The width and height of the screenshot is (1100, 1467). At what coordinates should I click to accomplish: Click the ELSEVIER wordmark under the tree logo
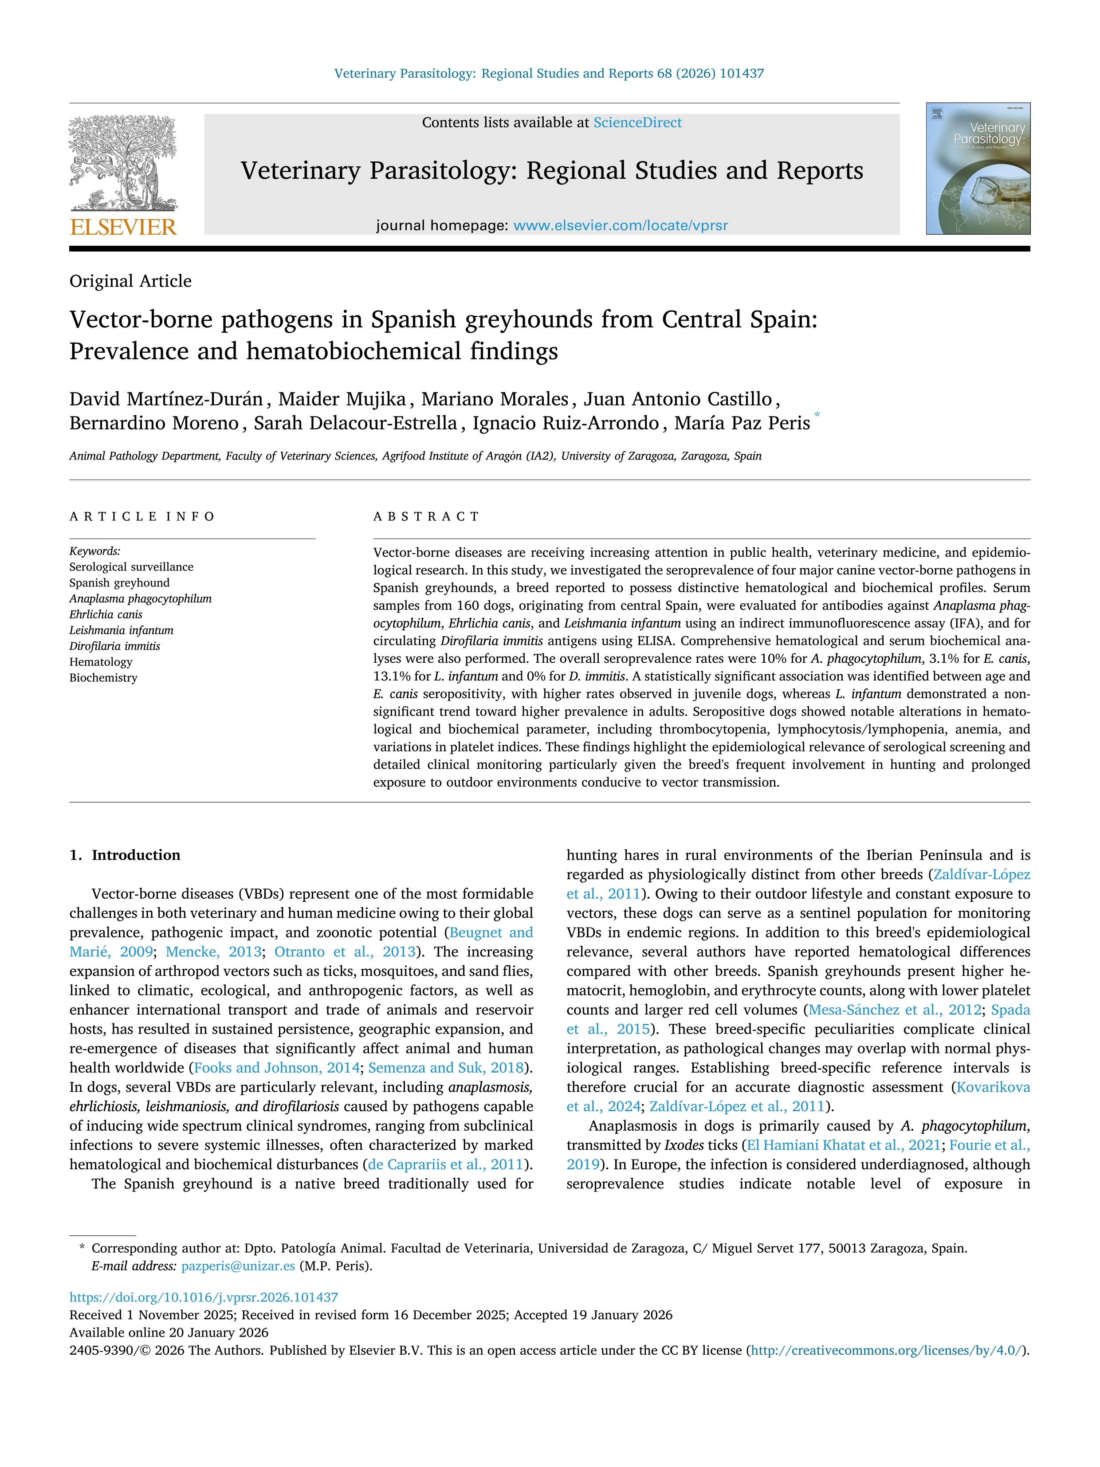tap(123, 228)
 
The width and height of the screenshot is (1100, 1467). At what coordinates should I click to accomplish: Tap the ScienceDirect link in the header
tap(637, 123)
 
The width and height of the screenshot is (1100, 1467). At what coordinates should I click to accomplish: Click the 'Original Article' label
tap(130, 281)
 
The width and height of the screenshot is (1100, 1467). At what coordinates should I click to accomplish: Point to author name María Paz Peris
tap(742, 423)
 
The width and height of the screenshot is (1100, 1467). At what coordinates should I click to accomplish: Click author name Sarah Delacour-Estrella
tap(355, 423)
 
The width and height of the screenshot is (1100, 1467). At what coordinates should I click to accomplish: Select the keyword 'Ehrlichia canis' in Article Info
tap(106, 614)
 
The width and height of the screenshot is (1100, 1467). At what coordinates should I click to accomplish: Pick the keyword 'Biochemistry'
tap(103, 678)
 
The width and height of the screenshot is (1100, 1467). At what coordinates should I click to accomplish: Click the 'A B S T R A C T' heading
tap(426, 517)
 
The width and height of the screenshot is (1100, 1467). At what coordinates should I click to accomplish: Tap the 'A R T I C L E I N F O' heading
tap(142, 517)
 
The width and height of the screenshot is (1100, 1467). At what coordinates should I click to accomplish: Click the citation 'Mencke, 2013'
tap(213, 952)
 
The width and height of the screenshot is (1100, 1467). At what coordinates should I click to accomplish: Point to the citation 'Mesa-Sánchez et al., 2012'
tap(895, 1010)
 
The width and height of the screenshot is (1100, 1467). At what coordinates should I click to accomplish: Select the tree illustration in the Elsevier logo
tap(123, 162)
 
